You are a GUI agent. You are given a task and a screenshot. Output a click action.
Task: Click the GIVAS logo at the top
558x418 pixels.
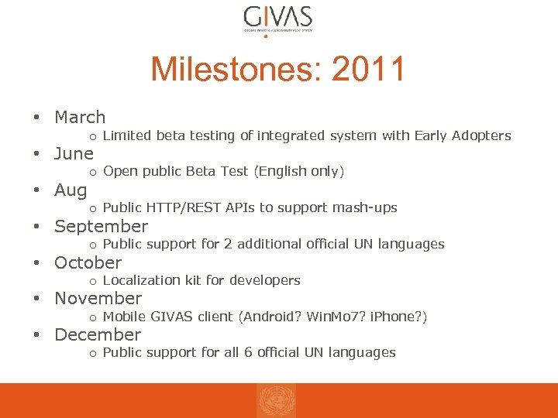pyautogui.click(x=277, y=19)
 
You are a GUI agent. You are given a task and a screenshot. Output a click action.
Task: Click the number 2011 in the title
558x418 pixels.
pyautogui.click(x=368, y=70)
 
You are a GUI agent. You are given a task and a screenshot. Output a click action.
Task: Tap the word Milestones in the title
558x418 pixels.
pyautogui.click(x=235, y=70)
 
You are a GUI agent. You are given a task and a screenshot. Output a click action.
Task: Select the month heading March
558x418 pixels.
pyautogui.click(x=80, y=118)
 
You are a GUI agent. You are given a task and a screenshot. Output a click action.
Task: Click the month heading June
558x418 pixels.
pyautogui.click(x=74, y=154)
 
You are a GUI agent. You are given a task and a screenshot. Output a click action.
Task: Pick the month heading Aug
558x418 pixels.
pyautogui.click(x=71, y=190)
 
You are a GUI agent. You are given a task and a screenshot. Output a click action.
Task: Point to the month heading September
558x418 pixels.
pyautogui.click(x=101, y=227)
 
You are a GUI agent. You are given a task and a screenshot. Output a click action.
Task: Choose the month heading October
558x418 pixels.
pyautogui.click(x=88, y=263)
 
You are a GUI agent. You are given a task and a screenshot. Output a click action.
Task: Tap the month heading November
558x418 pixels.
pyautogui.click(x=98, y=299)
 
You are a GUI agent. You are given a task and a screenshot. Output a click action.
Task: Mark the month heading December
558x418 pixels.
pyautogui.click(x=98, y=335)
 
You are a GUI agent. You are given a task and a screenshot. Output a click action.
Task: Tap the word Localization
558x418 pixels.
pyautogui.click(x=140, y=280)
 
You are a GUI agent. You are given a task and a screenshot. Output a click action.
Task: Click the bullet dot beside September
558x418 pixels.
pyautogui.click(x=36, y=227)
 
